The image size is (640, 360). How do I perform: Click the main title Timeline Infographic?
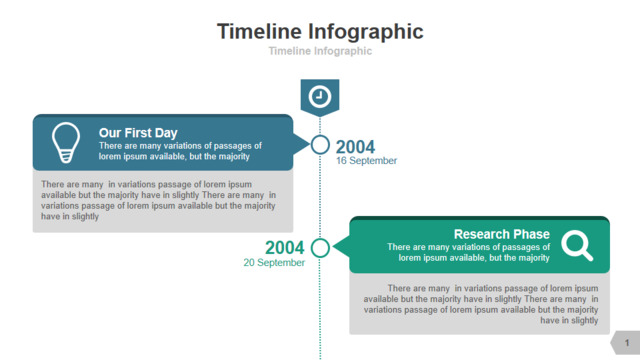[320, 32]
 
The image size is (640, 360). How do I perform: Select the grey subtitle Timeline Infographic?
[320, 51]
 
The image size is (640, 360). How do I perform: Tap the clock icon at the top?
[320, 97]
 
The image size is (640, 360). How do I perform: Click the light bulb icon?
[66, 142]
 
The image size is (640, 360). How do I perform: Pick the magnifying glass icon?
[577, 245]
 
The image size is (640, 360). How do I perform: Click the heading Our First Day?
[138, 133]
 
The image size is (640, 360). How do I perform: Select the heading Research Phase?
[502, 234]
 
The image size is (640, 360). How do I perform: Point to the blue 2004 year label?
[355, 147]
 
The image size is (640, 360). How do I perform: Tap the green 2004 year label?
[284, 247]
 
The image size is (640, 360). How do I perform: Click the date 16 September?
[366, 161]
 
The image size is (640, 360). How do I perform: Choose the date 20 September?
[274, 262]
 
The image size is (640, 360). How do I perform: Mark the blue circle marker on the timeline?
[320, 136]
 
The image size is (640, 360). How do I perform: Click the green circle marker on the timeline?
[320, 238]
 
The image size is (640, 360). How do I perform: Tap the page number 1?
[627, 343]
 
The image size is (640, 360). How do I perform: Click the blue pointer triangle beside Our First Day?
[301, 144]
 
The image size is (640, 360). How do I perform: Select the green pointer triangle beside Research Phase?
[341, 247]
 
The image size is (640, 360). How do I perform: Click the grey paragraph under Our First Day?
[158, 200]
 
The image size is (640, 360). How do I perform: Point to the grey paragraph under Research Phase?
[481, 304]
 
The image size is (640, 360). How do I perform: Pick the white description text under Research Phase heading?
[469, 252]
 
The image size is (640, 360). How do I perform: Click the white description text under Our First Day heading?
[180, 151]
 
